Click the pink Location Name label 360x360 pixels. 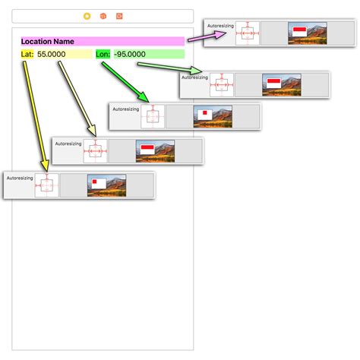tap(102, 41)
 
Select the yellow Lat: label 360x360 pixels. tap(27, 54)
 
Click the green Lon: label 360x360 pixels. tap(103, 54)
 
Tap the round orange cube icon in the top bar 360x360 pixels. tap(103, 15)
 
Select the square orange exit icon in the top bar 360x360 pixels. tap(119, 15)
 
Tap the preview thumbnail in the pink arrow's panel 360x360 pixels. tap(307, 33)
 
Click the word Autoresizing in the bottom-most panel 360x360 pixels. tap(20, 178)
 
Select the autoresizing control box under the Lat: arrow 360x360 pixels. tap(47, 185)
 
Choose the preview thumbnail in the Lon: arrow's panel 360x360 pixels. tap(213, 116)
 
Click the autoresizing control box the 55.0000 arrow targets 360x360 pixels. tap(95, 151)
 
